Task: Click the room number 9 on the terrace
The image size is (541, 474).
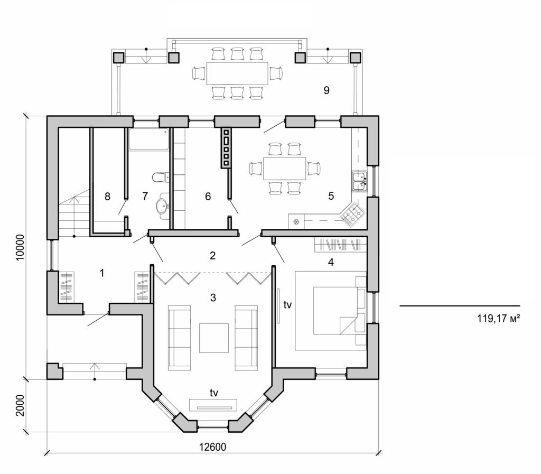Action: click(327, 90)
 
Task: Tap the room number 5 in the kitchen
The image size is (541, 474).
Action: click(331, 196)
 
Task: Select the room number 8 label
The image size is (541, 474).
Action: click(107, 197)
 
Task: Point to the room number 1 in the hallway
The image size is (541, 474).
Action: click(102, 273)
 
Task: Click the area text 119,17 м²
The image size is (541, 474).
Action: click(495, 319)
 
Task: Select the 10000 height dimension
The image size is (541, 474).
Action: click(20, 247)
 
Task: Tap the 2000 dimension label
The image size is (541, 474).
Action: click(20, 405)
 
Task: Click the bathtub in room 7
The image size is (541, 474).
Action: click(149, 139)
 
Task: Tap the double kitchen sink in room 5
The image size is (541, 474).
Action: click(360, 181)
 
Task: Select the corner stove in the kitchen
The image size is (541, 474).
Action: click(352, 213)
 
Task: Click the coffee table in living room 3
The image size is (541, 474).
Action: click(213, 338)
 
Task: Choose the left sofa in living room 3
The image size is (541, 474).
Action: click(180, 338)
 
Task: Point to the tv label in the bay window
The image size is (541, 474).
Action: click(214, 392)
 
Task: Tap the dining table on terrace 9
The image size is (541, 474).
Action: click(237, 73)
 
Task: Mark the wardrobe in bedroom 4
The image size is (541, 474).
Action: click(340, 245)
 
